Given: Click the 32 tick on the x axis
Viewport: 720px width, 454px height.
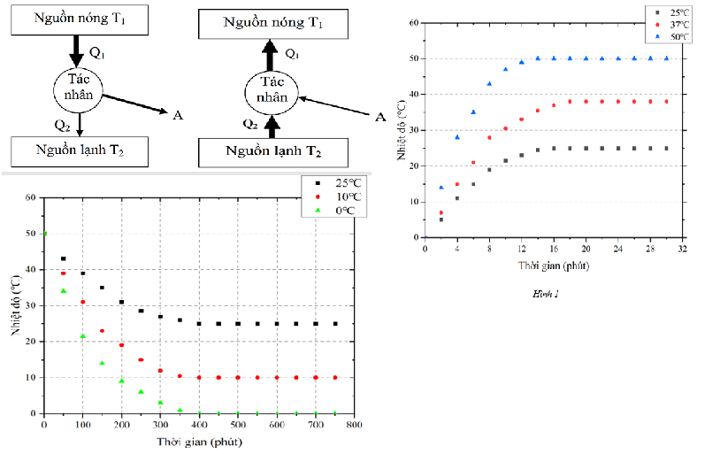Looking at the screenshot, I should pos(683,249).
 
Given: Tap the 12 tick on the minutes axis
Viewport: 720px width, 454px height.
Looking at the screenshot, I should pos(521,249).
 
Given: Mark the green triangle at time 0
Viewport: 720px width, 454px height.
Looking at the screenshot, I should pos(44,234).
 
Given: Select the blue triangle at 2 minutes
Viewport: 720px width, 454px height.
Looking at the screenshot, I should pos(441,187).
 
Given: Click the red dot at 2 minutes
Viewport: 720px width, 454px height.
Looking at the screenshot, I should pos(441,212).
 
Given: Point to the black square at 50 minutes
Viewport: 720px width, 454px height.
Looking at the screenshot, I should pos(63,258).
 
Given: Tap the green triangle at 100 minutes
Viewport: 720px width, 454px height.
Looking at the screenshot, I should pos(83,335).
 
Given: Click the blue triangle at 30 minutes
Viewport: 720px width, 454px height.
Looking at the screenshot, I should pos(666,58).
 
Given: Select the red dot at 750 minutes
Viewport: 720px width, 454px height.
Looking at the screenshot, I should pos(335,377).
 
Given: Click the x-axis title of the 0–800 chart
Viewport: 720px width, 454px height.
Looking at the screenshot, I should pos(198,441).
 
